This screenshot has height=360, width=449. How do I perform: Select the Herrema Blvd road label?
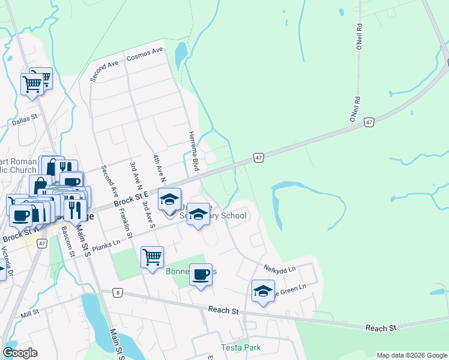tap(193, 151)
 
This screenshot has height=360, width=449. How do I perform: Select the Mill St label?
tap(29, 313)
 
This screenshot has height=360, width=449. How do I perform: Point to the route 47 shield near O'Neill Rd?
tap(369, 122)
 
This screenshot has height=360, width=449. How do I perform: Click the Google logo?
tap(20, 353)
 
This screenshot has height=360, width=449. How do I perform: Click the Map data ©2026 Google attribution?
tap(411, 355)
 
